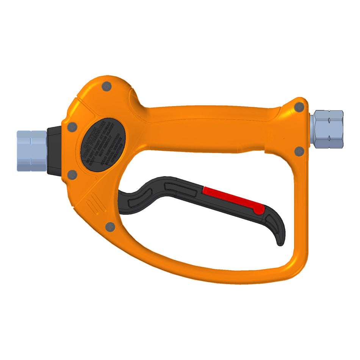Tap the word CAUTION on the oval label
coord(91,138)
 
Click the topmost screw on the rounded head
coord(107,86)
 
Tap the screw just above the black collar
coord(72,127)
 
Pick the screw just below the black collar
coord(72,175)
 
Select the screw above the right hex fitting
coord(299,107)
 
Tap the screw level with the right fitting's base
coord(299,151)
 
